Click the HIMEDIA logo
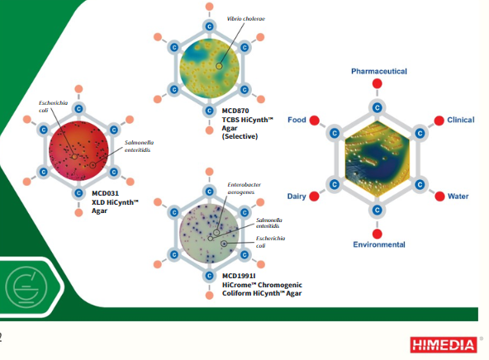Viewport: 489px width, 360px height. tap(444, 345)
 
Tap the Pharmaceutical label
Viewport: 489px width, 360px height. tap(379, 71)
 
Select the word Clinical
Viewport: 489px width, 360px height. tap(461, 120)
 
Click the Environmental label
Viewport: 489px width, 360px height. tap(379, 244)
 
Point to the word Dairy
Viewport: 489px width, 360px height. tap(297, 197)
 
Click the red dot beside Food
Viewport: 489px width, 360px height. tap(315, 120)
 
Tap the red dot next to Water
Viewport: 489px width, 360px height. tap(439, 197)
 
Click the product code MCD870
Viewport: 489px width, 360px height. tap(235, 111)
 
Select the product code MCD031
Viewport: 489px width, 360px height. tap(105, 193)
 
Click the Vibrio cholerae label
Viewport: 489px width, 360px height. tap(246, 19)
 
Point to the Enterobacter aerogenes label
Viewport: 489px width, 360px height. tap(244, 188)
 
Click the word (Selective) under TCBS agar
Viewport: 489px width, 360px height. tap(240, 136)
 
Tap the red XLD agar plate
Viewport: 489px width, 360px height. tap(78, 151)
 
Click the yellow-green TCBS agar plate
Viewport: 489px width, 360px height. tap(209, 69)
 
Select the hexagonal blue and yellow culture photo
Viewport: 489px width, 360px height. tap(377, 159)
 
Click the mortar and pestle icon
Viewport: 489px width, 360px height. tap(26, 287)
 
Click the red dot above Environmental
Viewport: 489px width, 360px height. tap(377, 234)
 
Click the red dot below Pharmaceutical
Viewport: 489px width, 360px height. tap(377, 83)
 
